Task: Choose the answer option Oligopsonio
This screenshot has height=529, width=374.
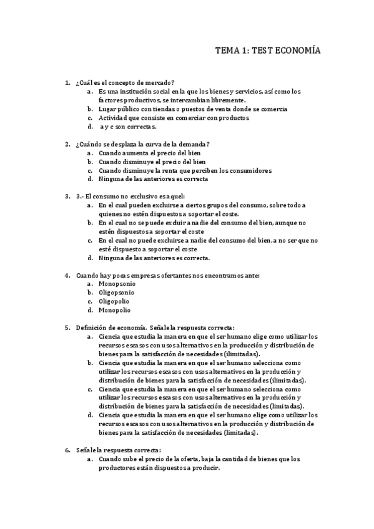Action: click(117, 293)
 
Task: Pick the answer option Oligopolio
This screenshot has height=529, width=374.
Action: click(115, 301)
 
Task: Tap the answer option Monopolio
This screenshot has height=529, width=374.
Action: click(115, 310)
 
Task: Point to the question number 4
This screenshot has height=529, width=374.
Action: click(67, 275)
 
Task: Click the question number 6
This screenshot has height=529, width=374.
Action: click(67, 450)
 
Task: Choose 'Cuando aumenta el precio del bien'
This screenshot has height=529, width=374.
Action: click(149, 153)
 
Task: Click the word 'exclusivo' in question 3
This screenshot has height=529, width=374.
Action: click(137, 197)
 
